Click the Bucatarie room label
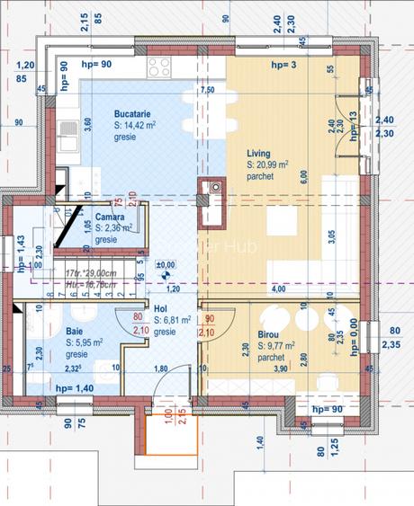[131, 114]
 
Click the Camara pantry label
[110, 217]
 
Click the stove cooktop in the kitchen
[159, 67]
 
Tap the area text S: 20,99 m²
[267, 165]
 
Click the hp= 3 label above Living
[283, 65]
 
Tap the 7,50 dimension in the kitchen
[207, 90]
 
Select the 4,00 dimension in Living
[279, 289]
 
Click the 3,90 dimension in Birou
[281, 369]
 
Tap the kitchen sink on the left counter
[67, 137]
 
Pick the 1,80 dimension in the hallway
[160, 368]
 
